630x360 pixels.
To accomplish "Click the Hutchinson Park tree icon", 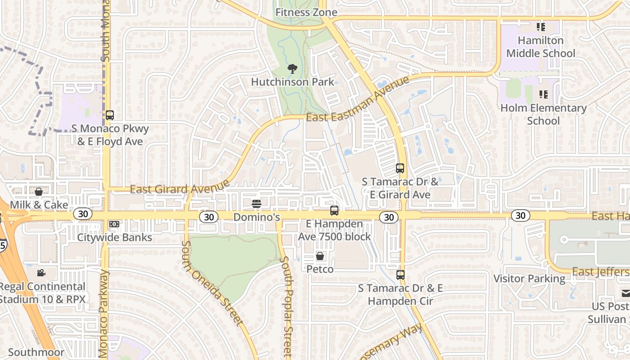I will point(292,69).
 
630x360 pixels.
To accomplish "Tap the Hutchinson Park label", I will point(292,82).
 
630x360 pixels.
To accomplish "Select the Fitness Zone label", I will point(306,12).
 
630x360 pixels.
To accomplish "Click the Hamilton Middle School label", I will point(540,47).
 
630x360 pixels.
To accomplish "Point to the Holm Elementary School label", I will point(543,114).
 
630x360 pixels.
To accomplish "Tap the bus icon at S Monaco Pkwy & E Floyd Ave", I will point(110,115).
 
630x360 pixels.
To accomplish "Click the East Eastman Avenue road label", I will point(357,99).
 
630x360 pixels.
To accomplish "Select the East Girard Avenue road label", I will point(180,186).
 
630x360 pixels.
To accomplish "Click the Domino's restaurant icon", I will point(256,204).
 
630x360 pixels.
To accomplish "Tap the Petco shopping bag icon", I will point(320,256).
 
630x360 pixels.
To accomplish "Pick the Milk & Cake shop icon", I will point(39,192).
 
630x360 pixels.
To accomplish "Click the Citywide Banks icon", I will point(114,224).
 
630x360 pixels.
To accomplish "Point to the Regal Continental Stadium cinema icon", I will point(41,273).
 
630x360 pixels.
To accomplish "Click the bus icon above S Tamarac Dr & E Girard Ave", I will point(400,168).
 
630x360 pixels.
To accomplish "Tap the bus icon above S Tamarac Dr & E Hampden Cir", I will point(400,274).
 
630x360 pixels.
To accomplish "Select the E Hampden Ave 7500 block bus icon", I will point(334,210).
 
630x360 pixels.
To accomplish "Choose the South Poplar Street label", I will point(286,306).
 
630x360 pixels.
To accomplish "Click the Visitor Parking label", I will point(529,279).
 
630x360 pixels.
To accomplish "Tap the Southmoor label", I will point(36,352).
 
